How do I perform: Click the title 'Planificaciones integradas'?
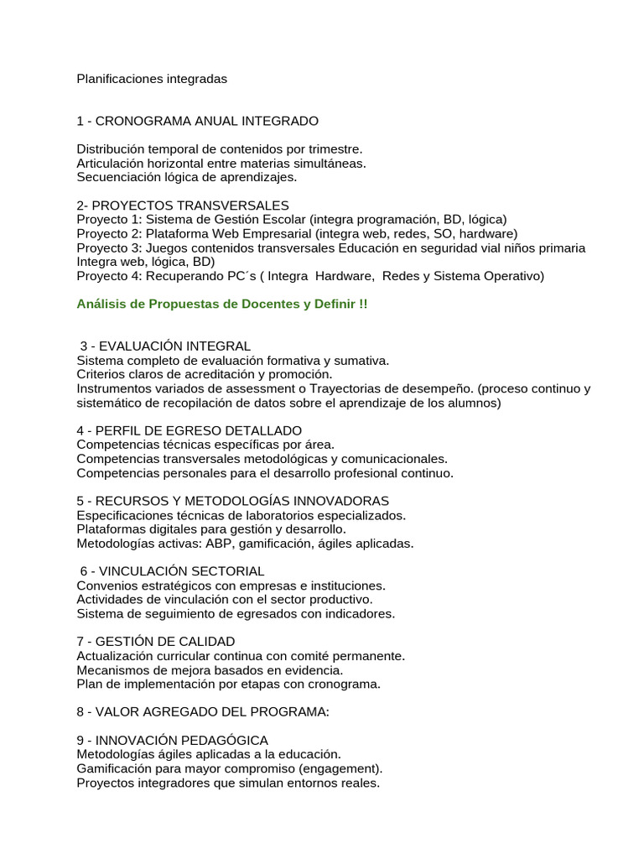152,79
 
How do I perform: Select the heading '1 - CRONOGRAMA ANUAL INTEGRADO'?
197,121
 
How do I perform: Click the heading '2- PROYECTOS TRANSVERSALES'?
183,206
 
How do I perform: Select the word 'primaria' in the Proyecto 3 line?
558,248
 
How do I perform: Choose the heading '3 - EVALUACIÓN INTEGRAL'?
165,346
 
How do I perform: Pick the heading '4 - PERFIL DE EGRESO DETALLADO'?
190,431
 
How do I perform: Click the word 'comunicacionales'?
395,460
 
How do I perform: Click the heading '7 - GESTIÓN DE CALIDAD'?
156,643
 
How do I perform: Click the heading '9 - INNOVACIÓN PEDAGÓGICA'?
172,741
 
